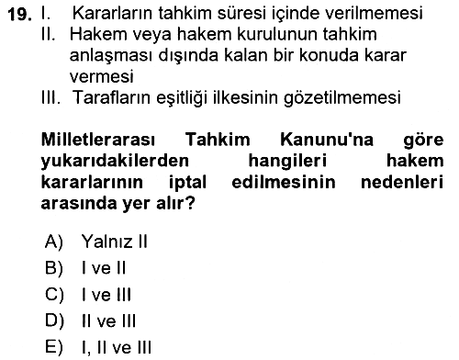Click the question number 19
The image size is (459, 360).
click(x=19, y=14)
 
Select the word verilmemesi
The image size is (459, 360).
click(x=374, y=13)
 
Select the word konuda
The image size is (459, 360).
click(x=329, y=55)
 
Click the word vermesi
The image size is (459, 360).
click(x=101, y=76)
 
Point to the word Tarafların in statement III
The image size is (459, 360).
click(x=112, y=97)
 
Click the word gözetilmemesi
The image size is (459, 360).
click(x=342, y=98)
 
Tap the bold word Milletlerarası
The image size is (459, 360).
click(x=98, y=140)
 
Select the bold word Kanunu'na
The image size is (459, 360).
click(x=327, y=140)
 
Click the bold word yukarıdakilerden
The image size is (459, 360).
click(x=115, y=161)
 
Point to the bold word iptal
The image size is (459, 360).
click(x=187, y=183)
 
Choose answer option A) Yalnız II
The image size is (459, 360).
click(x=96, y=242)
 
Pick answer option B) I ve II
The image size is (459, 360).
click(x=85, y=268)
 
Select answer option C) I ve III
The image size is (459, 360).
click(x=88, y=295)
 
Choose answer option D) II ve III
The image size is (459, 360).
click(x=90, y=321)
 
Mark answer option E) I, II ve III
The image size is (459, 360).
click(x=98, y=348)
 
